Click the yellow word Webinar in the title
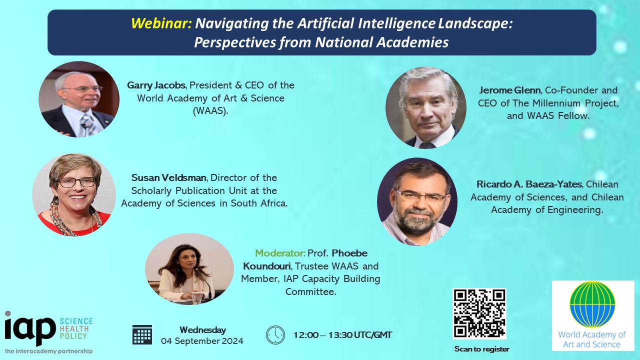click(161, 23)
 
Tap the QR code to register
click(479, 313)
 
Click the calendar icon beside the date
click(142, 334)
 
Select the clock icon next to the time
click(275, 335)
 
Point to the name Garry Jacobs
click(156, 85)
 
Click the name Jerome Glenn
click(509, 90)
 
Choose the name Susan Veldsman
click(168, 177)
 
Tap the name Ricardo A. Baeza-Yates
click(529, 184)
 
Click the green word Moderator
click(280, 253)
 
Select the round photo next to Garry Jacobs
click(79, 99)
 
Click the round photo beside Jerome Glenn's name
click(425, 107)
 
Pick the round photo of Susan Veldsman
click(74, 194)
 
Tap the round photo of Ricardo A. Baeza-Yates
click(417, 201)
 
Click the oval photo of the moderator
click(189, 269)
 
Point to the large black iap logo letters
click(29, 328)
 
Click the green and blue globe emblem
click(592, 304)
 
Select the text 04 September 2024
click(202, 341)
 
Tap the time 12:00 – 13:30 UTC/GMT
click(342, 335)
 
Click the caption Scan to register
click(481, 349)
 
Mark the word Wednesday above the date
click(203, 330)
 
